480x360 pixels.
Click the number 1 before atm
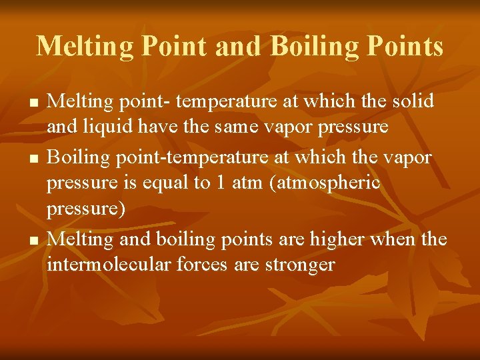(219, 183)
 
